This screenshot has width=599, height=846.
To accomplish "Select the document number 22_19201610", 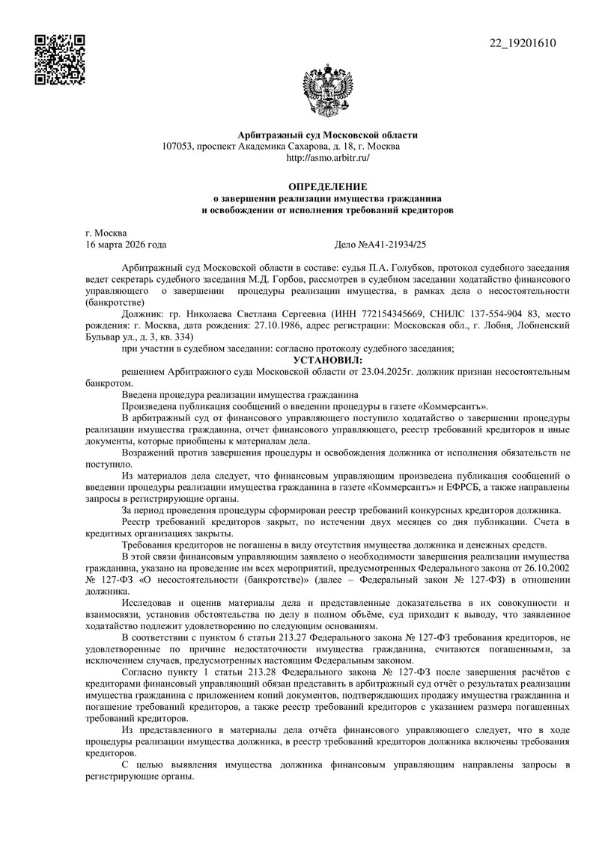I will click(523, 43).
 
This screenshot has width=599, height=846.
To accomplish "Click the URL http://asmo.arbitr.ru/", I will click(328, 158).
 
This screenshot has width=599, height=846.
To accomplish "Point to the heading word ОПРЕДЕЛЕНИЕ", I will click(328, 186).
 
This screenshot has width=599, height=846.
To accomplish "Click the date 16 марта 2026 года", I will click(127, 245).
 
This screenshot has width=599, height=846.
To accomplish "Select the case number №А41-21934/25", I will click(398, 245).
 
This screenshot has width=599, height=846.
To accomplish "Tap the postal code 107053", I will click(177, 147).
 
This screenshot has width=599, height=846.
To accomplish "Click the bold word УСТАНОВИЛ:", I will click(328, 361).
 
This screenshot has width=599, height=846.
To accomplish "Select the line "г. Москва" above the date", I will click(106, 233).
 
